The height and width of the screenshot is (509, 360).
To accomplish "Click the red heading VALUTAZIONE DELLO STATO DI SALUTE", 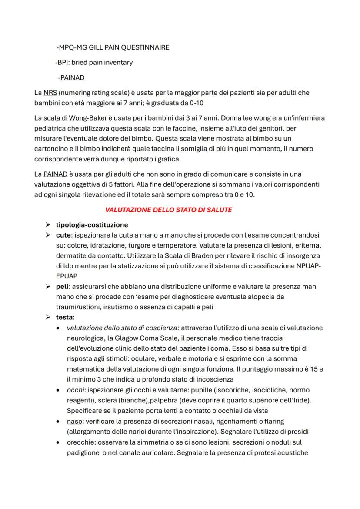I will [169, 210].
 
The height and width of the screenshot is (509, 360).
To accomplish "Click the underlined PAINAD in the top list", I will [72, 78].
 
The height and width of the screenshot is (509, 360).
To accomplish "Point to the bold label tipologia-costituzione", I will [92, 225].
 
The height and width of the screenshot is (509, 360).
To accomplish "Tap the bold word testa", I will [64, 317].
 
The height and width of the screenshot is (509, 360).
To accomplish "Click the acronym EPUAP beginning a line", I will [67, 276].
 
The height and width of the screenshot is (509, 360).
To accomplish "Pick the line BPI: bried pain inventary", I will [94, 62].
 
